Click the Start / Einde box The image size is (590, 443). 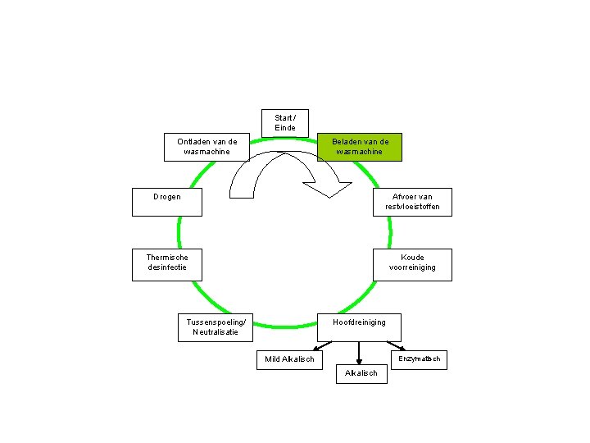285,123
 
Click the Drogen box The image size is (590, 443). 166,202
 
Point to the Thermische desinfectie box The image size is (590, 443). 167,264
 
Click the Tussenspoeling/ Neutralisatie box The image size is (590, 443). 216,327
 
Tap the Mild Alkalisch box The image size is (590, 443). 289,359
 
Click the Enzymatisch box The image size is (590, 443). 419,359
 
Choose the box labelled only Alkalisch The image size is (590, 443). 361,372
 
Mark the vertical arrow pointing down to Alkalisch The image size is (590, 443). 359,351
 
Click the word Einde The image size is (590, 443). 285,128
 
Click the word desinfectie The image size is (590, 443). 167,267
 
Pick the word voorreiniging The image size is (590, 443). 412,267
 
